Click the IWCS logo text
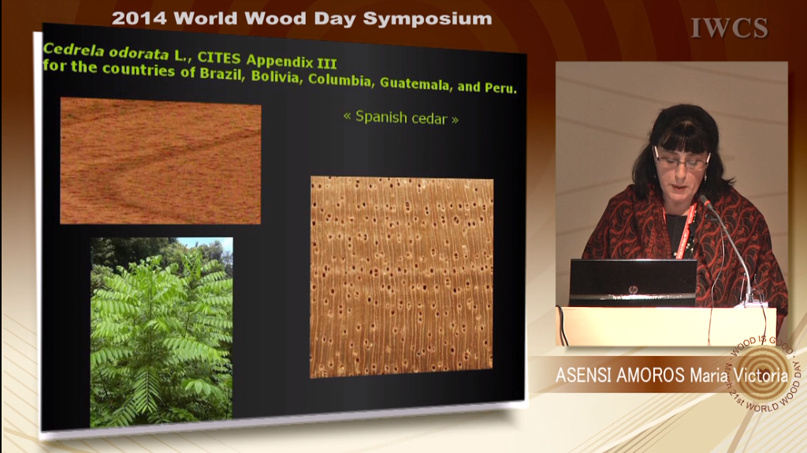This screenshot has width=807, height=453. click(x=729, y=28)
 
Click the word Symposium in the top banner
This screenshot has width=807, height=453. click(x=427, y=19)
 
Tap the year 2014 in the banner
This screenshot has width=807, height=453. click(x=139, y=19)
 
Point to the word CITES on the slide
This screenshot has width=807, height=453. click(x=219, y=58)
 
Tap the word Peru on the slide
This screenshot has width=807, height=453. click(x=500, y=88)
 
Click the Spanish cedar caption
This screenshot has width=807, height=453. click(x=401, y=118)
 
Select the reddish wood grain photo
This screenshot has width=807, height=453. click(x=161, y=161)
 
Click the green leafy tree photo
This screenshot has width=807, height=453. click(x=162, y=331)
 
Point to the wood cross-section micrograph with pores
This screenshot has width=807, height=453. click(x=401, y=277)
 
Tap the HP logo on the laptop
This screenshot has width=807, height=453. click(x=633, y=290)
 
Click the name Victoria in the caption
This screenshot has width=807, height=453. click(x=761, y=375)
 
